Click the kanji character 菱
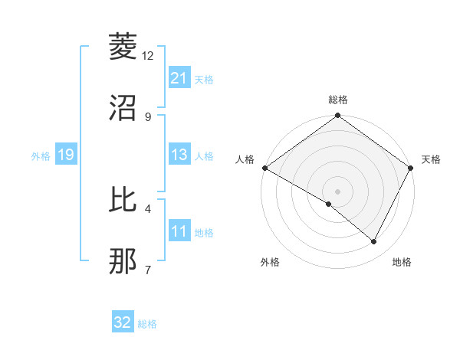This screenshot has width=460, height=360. pyautogui.click(x=123, y=47)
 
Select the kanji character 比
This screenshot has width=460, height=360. pyautogui.click(x=123, y=200)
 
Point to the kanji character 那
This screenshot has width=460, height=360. pyautogui.click(x=123, y=261)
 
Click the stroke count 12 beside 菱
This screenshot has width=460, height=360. pyautogui.click(x=148, y=55)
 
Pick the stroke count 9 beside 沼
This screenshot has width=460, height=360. pyautogui.click(x=148, y=116)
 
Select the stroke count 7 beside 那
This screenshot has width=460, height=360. pyautogui.click(x=148, y=270)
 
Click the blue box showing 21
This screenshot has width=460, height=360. pyautogui.click(x=179, y=77)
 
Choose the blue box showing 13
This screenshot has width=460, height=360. pyautogui.click(x=179, y=155)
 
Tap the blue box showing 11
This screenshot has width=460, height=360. pyautogui.click(x=179, y=231)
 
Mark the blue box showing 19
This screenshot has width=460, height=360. pyautogui.click(x=66, y=155)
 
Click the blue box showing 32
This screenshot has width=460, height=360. pyautogui.click(x=123, y=322)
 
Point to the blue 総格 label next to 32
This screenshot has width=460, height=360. pyautogui.click(x=147, y=324)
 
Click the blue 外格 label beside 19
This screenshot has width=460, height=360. pyautogui.click(x=41, y=155)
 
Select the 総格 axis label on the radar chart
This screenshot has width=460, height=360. pyautogui.click(x=338, y=100)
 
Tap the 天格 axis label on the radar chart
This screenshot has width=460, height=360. pyautogui.click(x=431, y=159)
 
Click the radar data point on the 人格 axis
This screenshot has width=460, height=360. pyautogui.click(x=264, y=168)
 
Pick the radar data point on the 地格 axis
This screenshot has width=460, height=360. pyautogui.click(x=374, y=242)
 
